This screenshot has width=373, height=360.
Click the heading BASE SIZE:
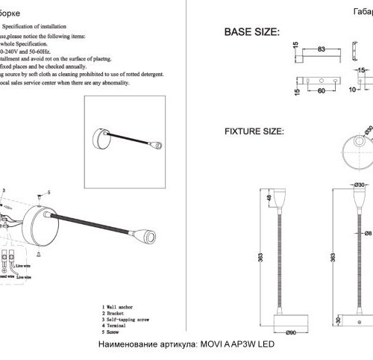[251, 34]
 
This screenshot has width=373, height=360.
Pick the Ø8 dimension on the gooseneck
[368, 232]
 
